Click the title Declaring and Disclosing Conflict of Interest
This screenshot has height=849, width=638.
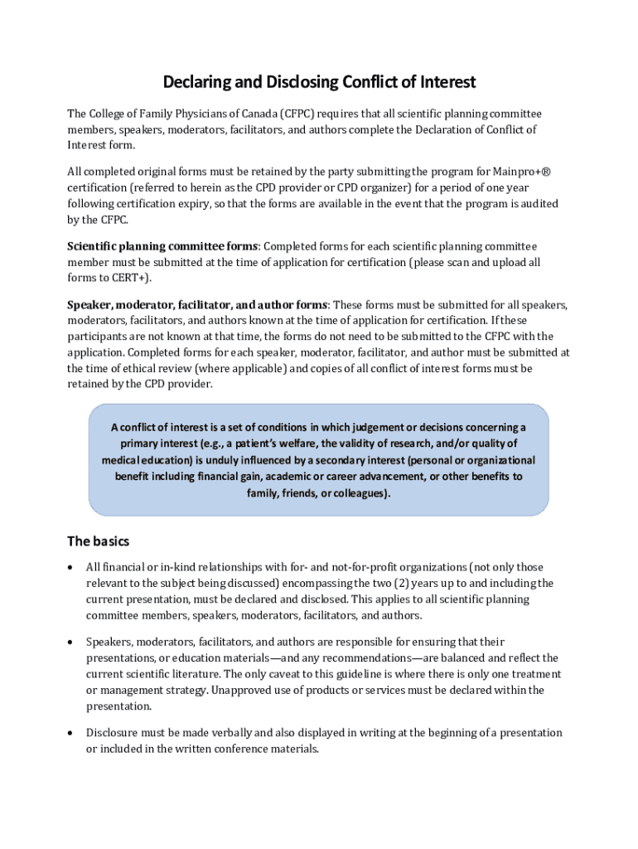(319, 82)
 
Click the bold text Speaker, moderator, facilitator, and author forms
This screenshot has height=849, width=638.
(197, 304)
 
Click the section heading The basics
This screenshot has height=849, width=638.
(98, 541)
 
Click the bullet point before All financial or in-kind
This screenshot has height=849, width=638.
(71, 567)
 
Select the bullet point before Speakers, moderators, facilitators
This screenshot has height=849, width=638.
(71, 642)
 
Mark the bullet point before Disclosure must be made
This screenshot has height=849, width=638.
(71, 733)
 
